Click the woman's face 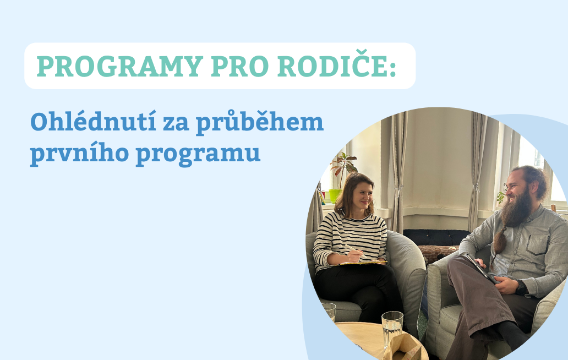point(362,195)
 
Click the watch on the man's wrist point(520,286)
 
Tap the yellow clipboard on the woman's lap point(363,263)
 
